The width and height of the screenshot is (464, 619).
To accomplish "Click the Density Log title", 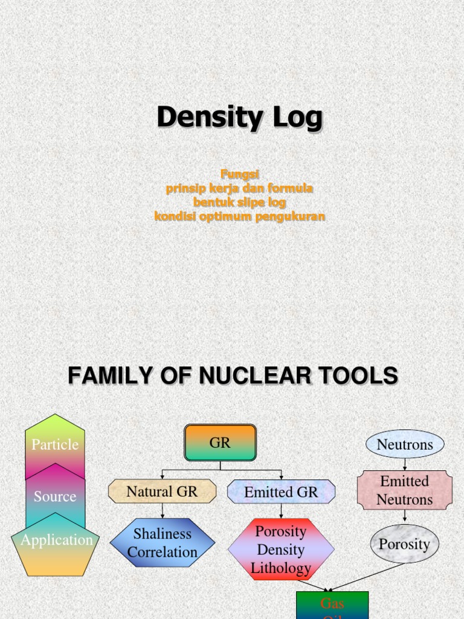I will click(x=239, y=117).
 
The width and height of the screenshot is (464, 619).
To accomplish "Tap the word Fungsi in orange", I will click(x=239, y=175).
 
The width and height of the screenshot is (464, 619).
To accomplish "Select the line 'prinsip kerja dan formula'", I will click(x=239, y=189).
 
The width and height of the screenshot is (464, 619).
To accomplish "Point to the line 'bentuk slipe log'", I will click(x=239, y=203).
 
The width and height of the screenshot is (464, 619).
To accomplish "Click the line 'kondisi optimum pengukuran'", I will click(x=239, y=216).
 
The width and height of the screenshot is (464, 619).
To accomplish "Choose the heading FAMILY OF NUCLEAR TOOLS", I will click(x=233, y=376).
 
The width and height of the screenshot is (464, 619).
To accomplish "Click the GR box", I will click(x=220, y=442).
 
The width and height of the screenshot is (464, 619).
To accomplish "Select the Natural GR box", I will click(x=162, y=491).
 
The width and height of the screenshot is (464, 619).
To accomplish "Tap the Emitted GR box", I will click(x=281, y=492).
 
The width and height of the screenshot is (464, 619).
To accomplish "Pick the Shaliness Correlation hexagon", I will click(x=162, y=542).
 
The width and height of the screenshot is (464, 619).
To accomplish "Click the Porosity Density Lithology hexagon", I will click(x=281, y=549).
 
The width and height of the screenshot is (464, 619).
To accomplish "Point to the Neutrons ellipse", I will click(x=405, y=444).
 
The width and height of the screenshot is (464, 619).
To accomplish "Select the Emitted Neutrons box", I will click(x=405, y=490).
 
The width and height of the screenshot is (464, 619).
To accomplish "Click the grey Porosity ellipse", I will click(x=404, y=544).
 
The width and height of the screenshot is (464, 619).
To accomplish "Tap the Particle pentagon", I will click(x=55, y=444).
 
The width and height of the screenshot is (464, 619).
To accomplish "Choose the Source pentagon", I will click(x=55, y=497).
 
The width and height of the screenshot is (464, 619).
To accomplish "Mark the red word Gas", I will click(x=332, y=603).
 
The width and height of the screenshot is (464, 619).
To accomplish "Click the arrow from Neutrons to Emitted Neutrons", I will click(x=405, y=464).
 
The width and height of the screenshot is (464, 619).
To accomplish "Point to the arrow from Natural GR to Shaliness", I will click(x=162, y=511).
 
